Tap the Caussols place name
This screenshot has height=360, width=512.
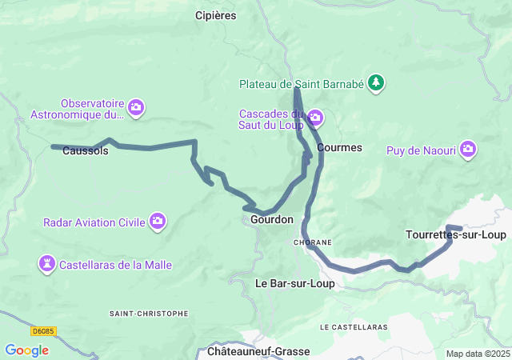pyautogui.click(x=85, y=151)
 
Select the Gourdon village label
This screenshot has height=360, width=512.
pyautogui.click(x=271, y=219)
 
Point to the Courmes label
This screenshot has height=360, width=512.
pyautogui.click(x=339, y=148)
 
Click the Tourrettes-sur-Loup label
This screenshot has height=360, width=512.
pyautogui.click(x=456, y=234)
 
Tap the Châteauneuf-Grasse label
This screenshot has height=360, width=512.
pyautogui.click(x=258, y=351)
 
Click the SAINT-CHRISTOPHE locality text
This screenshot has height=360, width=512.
pyautogui.click(x=149, y=314)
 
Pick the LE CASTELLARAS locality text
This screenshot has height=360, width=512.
pyautogui.click(x=353, y=327)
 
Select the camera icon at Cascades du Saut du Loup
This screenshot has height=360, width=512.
pyautogui.click(x=315, y=118)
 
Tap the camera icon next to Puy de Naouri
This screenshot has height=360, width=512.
pyautogui.click(x=468, y=150)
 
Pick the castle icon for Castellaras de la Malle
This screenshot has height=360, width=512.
pyautogui.click(x=47, y=262)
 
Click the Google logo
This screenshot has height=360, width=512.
pyautogui.click(x=26, y=350)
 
